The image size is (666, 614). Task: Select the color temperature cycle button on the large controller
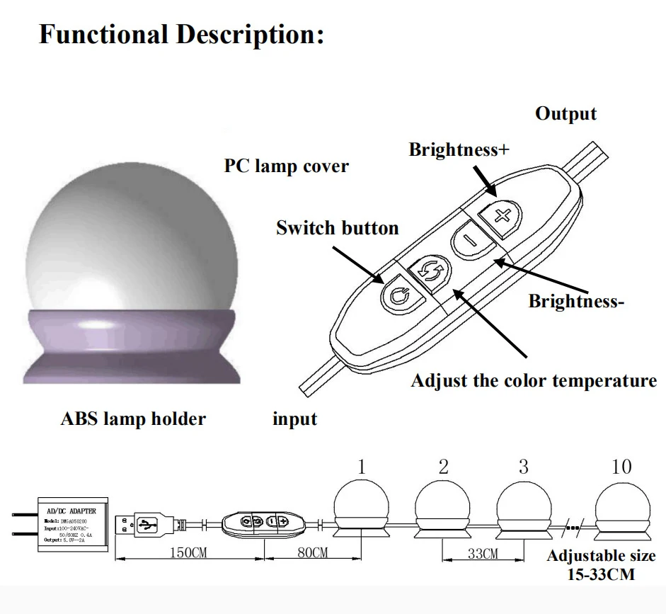coord(430,269)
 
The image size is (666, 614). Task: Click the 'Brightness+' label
coord(459,150)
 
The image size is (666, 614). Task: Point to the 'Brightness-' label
coord(576,301)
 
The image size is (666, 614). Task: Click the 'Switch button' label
coord(337,228)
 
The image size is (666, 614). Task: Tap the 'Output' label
coord(565,114)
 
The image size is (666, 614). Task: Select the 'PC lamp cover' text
coord(286,166)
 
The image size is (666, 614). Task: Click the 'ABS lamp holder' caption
coord(133,419)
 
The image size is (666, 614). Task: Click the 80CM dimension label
coord(312,552)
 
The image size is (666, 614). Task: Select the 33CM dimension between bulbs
coord(483,554)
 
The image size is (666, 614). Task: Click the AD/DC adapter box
coord(71,524)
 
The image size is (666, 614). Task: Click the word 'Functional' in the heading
coord(101,34)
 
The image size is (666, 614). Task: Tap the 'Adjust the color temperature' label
coord(534,381)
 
